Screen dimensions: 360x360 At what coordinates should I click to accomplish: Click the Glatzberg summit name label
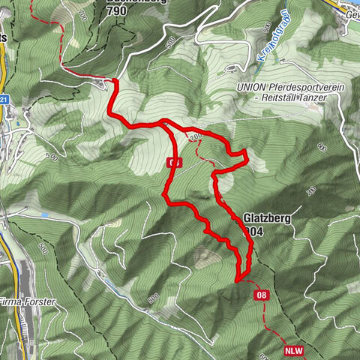coord(265,218)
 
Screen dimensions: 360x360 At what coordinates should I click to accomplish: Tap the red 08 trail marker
coord(262,295)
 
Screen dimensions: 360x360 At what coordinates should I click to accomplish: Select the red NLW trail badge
coord(294,350)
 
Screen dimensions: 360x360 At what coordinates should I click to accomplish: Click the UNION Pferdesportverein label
coord(289,88)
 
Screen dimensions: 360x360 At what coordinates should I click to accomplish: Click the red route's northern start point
coord(115,79)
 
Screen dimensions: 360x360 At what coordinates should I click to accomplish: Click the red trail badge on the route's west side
coord(174,162)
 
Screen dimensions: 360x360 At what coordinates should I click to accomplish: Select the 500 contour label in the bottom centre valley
coord(152,298)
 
